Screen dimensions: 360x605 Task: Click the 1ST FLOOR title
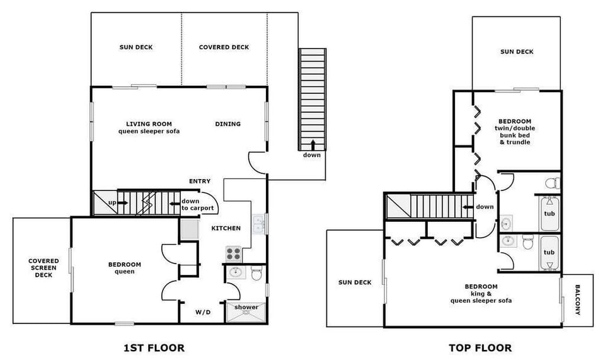[155, 347]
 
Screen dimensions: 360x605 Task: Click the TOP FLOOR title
[480, 347]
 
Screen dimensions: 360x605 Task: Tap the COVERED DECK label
[224, 47]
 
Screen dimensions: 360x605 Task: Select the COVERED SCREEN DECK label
[43, 268]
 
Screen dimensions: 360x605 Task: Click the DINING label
[228, 124]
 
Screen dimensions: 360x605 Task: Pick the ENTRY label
[200, 182]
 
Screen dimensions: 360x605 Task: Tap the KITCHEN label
[226, 228]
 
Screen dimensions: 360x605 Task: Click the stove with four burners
[233, 254]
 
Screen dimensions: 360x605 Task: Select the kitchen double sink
[258, 224]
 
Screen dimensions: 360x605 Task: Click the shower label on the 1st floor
[246, 308]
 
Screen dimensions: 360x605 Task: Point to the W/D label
[202, 311]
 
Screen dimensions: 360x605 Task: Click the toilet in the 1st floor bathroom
[256, 274]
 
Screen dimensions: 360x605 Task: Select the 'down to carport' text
[197, 205]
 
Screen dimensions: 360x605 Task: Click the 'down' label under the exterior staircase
[312, 154]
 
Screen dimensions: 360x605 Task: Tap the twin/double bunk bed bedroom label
[514, 132]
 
